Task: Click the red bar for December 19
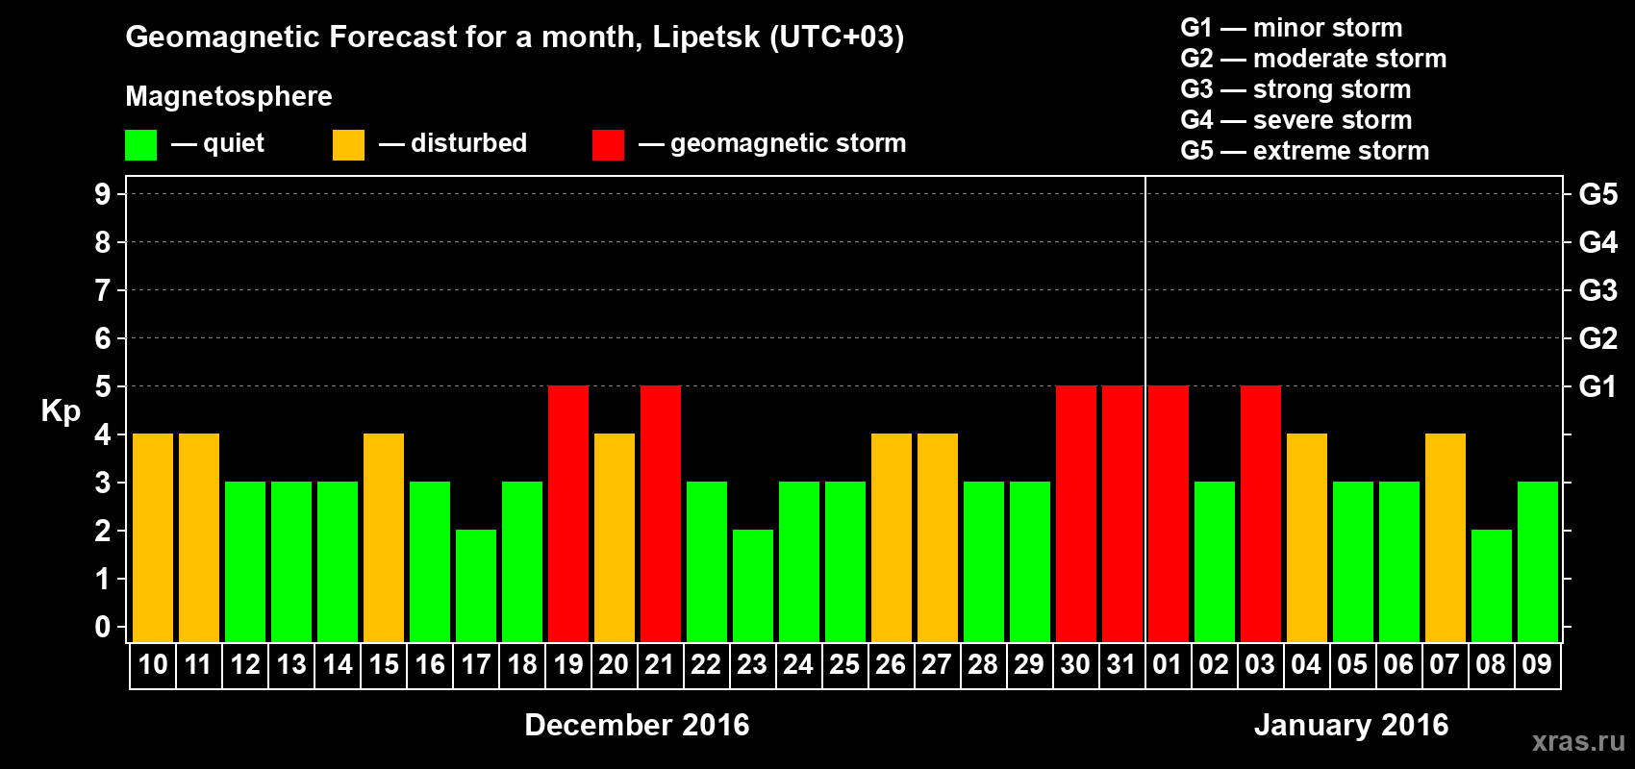pos(568,513)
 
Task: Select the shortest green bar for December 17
pos(476,585)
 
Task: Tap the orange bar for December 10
pos(153,537)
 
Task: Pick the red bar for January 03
pos(1261,513)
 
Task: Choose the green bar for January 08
pos(1492,585)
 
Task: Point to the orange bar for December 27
pos(938,537)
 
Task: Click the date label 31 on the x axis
pos(1121,664)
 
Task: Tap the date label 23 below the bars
pos(752,664)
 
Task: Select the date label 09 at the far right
pos(1537,664)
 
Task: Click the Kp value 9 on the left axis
pos(103,194)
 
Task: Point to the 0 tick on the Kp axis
pos(103,627)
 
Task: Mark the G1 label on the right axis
pos(1597,386)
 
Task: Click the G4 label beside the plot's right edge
pos(1597,242)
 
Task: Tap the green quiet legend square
pos(141,145)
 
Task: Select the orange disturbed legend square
pos(348,145)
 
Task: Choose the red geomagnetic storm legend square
pos(608,145)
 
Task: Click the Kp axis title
pos(61,411)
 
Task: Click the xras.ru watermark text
pos(1578,740)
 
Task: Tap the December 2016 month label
pos(637,725)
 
